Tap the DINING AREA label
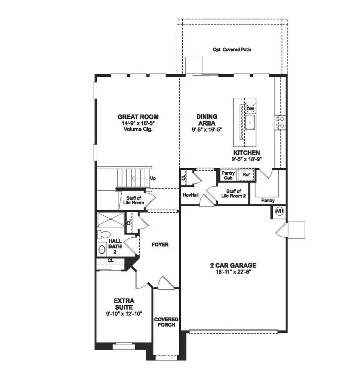206,119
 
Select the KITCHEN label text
247,153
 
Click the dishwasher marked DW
250,109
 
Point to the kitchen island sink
250,123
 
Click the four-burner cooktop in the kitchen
280,121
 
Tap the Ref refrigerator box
246,175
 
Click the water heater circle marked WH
279,211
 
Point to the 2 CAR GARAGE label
234,265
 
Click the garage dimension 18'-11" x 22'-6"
234,271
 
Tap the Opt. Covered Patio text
232,50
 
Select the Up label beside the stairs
152,178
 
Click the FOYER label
159,244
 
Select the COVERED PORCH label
166,322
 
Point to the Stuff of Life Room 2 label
236,194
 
